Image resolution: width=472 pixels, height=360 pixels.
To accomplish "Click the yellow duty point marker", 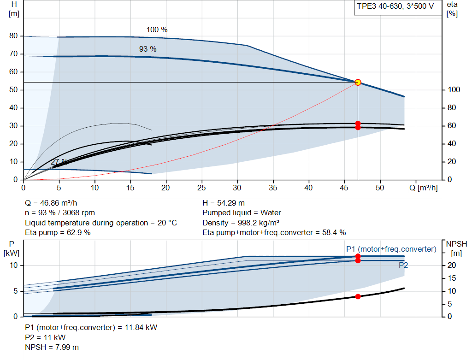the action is [x=358, y=82].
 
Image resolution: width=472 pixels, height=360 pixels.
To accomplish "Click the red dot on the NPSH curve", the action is [x=358, y=296].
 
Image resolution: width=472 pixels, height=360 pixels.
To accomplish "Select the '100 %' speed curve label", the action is [x=157, y=30].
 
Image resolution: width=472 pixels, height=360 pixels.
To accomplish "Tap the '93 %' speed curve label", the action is [x=147, y=49].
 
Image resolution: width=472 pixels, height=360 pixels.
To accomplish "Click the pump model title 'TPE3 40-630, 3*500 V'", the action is [x=395, y=6].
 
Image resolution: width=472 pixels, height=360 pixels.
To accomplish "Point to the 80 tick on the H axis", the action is [x=13, y=35].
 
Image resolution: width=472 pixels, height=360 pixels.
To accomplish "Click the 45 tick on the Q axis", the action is [x=344, y=188].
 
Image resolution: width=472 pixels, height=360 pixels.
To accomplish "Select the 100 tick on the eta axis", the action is [x=454, y=89].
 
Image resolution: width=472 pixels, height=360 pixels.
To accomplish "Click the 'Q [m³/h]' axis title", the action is [x=423, y=188].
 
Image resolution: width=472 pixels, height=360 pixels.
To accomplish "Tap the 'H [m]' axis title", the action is [x=14, y=9].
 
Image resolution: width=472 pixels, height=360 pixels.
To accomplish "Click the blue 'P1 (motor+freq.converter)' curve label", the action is [x=391, y=249].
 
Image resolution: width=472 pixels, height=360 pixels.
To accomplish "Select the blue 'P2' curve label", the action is [x=403, y=265].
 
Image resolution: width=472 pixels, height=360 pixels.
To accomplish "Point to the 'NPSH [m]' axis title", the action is [x=456, y=248].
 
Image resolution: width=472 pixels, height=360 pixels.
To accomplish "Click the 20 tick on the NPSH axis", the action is [x=452, y=265].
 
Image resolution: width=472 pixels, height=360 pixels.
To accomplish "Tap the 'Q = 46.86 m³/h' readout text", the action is [x=51, y=203].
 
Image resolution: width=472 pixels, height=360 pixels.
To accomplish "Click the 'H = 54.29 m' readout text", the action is [x=224, y=203].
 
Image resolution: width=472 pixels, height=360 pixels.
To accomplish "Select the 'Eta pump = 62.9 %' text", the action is [x=58, y=232].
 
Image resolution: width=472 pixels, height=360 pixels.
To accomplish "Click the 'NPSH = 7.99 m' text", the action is [x=52, y=347].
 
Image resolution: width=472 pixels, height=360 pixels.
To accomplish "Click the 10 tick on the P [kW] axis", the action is [x=13, y=265].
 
